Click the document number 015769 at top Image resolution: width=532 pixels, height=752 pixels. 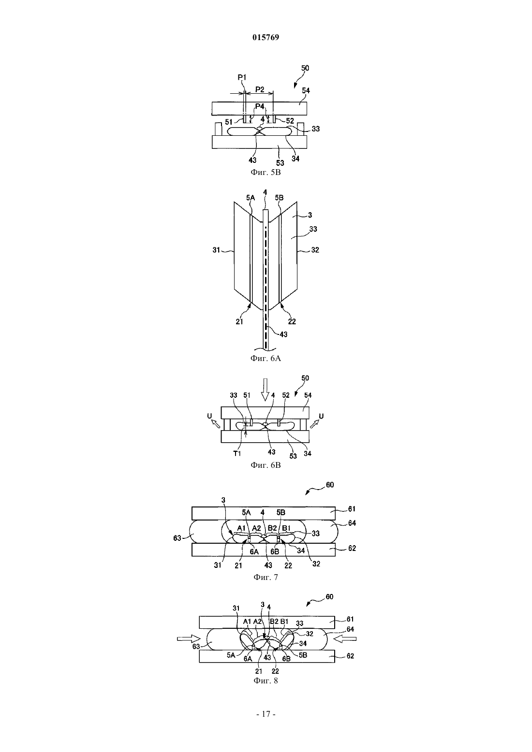tap(266, 37)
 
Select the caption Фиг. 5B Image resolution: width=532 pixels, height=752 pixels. tap(266, 173)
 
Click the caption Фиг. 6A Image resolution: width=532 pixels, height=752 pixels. tap(266, 358)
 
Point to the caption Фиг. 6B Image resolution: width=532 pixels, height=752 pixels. tap(266, 465)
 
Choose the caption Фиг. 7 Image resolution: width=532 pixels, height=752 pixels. tap(266, 577)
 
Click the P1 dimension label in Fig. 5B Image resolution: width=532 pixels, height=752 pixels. tap(242, 77)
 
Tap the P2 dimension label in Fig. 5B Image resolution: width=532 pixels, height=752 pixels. tap(260, 89)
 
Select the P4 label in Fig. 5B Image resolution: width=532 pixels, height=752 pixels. tap(260, 106)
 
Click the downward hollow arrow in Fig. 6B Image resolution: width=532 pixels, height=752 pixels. tap(266, 390)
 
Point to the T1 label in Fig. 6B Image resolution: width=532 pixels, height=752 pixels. tap(237, 453)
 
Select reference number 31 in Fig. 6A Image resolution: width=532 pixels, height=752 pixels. tap(216, 250)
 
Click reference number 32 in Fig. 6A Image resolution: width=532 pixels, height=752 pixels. tap(315, 250)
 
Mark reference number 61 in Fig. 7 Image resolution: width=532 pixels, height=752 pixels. tap(352, 509)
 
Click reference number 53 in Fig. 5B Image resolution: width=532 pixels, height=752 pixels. tap(280, 163)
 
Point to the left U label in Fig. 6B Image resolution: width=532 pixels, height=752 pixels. tap(209, 416)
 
